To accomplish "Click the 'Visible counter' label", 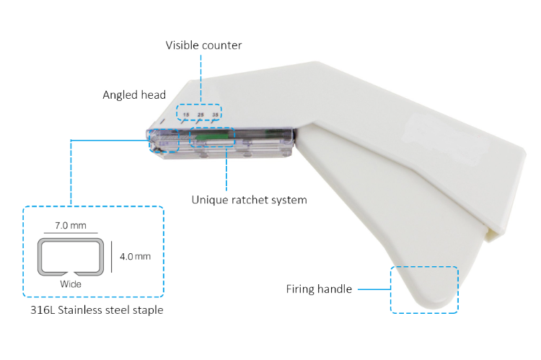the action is [203, 45].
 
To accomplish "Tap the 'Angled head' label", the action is [134, 95].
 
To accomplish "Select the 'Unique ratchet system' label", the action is [249, 200].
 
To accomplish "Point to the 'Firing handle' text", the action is [319, 289].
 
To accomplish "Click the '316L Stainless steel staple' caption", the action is [97, 310].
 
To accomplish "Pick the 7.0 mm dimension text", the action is [71, 225].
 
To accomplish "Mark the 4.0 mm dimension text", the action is [136, 256].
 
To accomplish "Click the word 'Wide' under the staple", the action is [71, 284].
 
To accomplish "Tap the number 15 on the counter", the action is [186, 115].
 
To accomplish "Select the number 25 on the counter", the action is [201, 115].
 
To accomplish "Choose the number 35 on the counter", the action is [215, 115].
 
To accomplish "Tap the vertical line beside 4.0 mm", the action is [111, 257].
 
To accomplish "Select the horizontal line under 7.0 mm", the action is [71, 233].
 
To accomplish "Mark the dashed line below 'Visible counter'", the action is [201, 79].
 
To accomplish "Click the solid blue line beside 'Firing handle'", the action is [374, 289].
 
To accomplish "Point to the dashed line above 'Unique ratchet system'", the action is [226, 169].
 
